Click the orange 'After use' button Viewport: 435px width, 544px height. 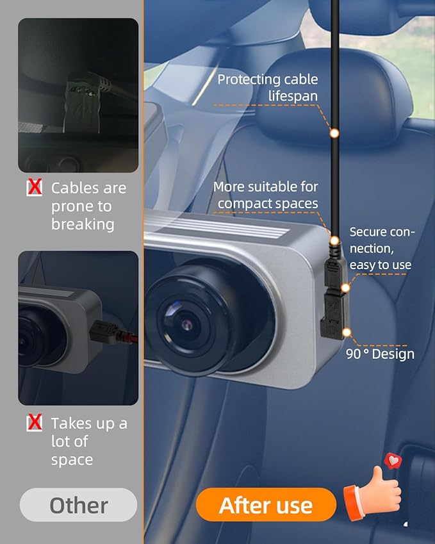[x=266, y=505]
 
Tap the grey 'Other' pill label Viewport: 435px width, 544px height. [x=78, y=505]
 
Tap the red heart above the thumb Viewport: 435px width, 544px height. [x=393, y=461]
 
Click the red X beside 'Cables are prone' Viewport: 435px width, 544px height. [x=35, y=187]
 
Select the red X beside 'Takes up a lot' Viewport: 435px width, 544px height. [x=35, y=422]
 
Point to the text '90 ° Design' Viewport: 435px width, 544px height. [x=380, y=354]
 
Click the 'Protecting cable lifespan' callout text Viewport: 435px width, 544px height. [x=267, y=87]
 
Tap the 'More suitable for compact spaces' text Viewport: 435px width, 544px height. [x=265, y=195]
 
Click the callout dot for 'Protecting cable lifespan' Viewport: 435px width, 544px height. [x=334, y=133]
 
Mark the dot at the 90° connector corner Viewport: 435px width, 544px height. [x=347, y=333]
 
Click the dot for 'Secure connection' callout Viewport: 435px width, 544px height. [x=345, y=288]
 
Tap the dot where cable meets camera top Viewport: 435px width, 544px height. [x=334, y=240]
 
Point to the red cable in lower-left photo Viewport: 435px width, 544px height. [x=127, y=337]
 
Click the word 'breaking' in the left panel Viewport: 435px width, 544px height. [x=83, y=224]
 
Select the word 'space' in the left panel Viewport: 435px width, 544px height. [x=72, y=460]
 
